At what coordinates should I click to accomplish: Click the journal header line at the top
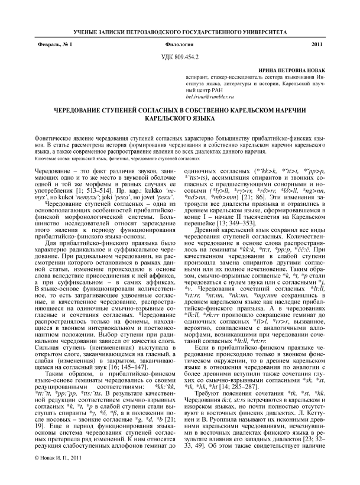180,30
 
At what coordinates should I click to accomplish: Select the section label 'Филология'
180,45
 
